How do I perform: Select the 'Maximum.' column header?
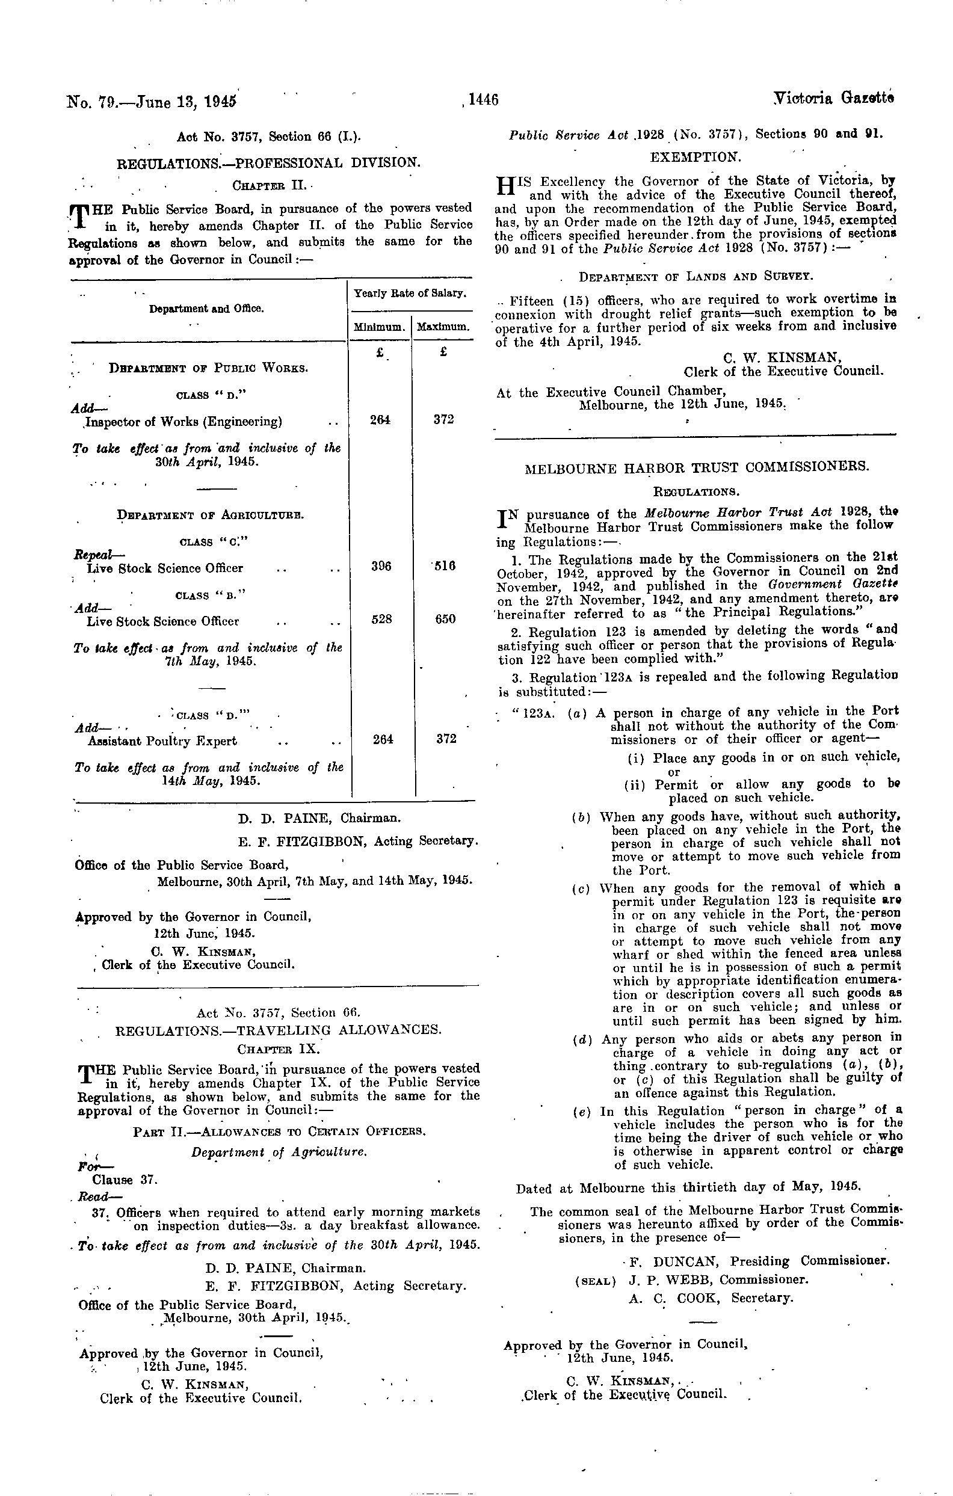[443, 327]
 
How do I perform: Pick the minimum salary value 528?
[381, 619]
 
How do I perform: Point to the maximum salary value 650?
[445, 619]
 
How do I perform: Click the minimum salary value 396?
[381, 566]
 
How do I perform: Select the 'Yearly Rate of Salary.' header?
[410, 293]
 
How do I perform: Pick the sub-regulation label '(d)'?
[582, 1038]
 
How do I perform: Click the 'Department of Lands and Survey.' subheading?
[694, 276]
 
